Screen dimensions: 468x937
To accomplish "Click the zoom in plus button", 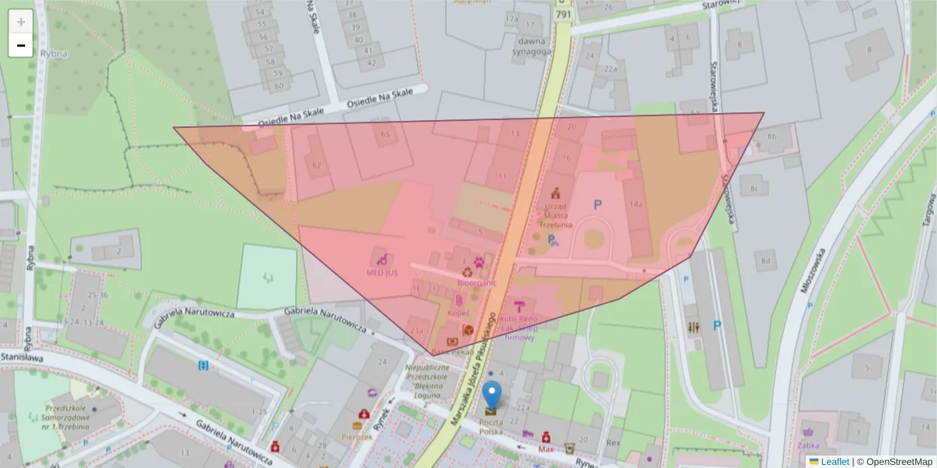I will tap(21, 22).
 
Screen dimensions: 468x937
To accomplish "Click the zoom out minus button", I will tap(21, 45).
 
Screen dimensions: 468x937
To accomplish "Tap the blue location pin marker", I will tap(491, 396).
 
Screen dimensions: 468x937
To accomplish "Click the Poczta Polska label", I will tap(490, 425).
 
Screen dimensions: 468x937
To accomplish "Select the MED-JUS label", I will tap(382, 273).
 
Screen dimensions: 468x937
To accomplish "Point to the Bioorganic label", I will tap(476, 283).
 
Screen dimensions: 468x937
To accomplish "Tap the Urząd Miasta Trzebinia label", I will tap(556, 216).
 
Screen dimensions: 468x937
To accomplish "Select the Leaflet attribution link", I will tap(835, 462).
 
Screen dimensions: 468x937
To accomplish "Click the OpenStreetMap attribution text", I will tap(894, 462).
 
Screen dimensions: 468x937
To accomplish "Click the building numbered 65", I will tap(384, 134).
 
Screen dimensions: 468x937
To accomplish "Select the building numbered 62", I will tap(316, 165).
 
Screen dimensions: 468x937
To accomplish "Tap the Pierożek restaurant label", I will tap(357, 438).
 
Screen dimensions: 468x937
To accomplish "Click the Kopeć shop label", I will tap(459, 313).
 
